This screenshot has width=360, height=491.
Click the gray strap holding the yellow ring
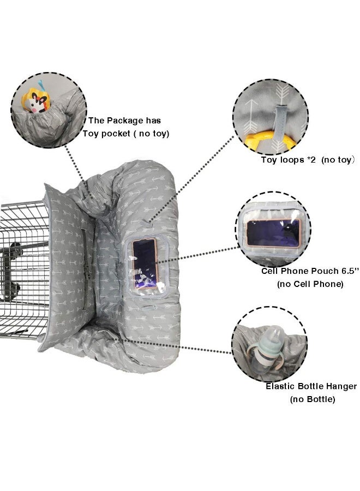280,121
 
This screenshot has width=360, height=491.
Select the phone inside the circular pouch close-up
274,233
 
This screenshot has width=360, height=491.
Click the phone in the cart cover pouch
145,264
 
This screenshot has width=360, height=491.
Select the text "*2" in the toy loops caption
311,160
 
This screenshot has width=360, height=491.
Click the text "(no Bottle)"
313,399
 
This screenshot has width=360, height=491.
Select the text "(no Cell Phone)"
310,284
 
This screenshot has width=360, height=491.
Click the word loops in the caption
292,160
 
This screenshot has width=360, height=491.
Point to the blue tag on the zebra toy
41,85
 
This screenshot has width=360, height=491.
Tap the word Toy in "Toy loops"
269,160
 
